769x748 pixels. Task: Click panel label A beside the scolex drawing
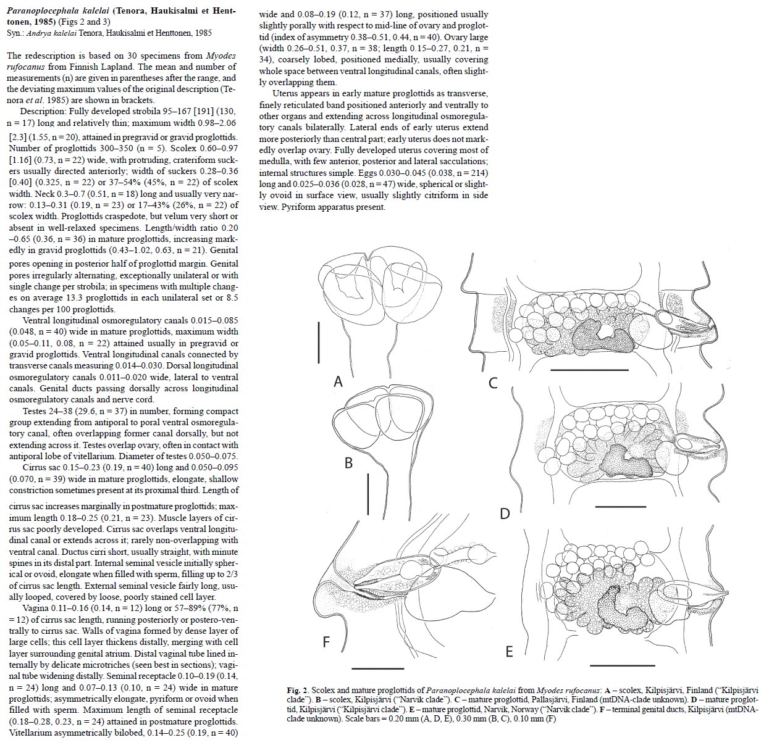(338, 382)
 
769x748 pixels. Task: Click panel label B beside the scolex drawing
(348, 462)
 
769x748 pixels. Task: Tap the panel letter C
(493, 383)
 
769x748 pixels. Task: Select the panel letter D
(505, 513)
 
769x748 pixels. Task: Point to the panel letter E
(509, 652)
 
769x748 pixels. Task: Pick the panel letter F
(327, 643)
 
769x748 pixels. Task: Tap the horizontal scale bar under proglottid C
(589, 370)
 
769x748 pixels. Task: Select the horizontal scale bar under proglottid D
(619, 506)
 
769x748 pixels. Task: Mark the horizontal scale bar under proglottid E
(619, 665)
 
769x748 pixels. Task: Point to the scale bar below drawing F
(377, 668)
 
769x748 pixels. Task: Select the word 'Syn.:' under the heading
(16, 33)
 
